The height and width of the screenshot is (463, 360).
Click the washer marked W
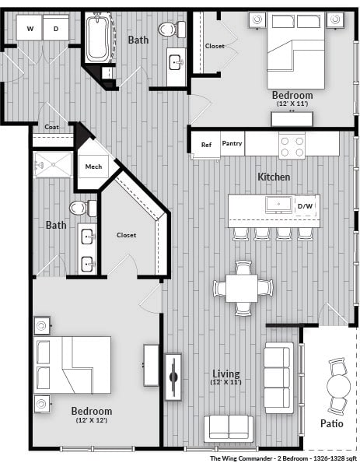(30, 29)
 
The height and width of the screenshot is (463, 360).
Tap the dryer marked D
(56, 29)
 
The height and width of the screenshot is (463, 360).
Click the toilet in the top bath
(167, 30)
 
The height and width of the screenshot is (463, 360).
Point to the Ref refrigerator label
(206, 144)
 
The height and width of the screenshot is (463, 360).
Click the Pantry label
(232, 143)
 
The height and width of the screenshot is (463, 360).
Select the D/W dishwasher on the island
(306, 205)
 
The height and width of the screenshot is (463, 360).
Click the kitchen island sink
(278, 205)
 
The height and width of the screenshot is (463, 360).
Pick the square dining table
(243, 288)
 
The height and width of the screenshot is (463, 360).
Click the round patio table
(339, 386)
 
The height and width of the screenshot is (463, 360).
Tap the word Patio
(333, 425)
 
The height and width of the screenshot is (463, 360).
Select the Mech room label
(93, 167)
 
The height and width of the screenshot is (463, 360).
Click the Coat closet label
(52, 127)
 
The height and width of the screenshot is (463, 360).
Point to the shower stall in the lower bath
(52, 167)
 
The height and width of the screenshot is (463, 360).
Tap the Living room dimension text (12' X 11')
(226, 383)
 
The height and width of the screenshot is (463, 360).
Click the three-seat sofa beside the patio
(278, 377)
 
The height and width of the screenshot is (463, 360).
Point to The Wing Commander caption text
(283, 458)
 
